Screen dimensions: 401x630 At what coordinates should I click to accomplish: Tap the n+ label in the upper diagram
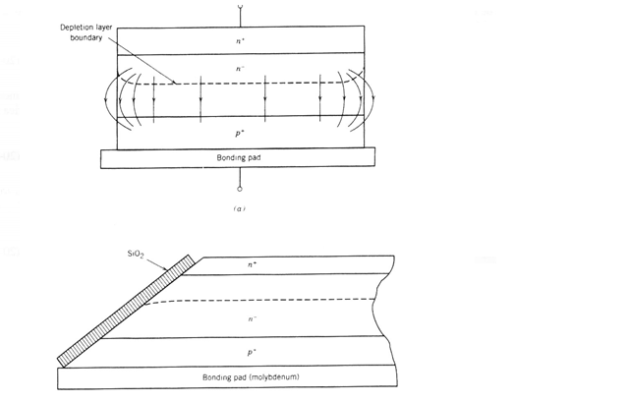(241, 40)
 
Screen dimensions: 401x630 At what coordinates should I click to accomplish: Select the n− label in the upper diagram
(241, 69)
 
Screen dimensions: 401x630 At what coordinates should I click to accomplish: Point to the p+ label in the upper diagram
(241, 130)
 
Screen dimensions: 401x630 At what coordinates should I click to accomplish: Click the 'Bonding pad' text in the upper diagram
(238, 157)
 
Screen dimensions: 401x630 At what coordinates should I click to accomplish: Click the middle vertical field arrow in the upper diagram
(265, 98)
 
